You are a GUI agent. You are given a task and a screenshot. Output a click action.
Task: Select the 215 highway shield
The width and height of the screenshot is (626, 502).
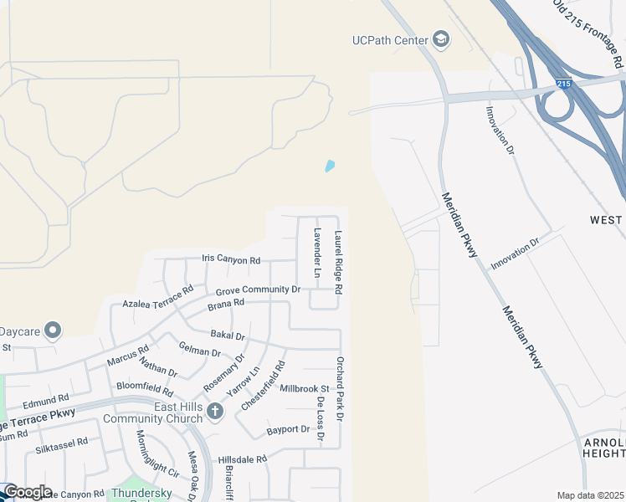pos(564,84)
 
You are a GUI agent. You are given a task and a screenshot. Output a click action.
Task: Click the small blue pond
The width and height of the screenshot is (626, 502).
pos(330,166)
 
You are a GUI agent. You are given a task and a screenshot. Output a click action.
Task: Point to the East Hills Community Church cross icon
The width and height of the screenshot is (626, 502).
pos(215,411)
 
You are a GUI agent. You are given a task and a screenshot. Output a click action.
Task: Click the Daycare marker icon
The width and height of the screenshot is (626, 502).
pos(54,330)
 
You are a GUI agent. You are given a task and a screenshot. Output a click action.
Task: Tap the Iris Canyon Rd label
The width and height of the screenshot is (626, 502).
pos(231,259)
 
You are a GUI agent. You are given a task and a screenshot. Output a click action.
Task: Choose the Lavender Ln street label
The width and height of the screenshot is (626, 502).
pos(317,253)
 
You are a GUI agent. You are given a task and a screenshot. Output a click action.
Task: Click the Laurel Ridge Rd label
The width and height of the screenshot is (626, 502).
pos(339,262)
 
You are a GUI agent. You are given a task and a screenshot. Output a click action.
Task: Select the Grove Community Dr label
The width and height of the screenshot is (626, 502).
pos(258,290)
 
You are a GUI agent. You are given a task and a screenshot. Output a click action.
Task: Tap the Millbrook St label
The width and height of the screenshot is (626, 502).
pos(305,389)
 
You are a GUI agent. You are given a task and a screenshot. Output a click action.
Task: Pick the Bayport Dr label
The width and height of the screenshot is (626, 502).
pos(288,430)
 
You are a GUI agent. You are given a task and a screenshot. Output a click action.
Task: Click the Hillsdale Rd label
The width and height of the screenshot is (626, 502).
pos(242,459)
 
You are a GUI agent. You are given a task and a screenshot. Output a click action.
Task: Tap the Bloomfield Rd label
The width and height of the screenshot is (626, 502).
pos(145,390)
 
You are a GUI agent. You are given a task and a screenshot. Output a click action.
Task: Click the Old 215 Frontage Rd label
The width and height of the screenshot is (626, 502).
pos(588,33)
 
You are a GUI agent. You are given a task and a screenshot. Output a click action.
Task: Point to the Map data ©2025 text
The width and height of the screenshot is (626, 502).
pos(590,495)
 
